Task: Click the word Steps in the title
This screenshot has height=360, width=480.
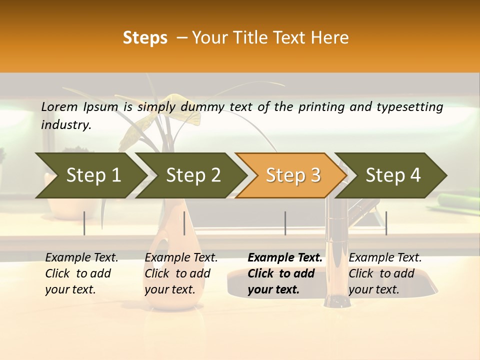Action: coord(145,37)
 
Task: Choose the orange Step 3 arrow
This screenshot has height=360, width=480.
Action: coord(293,175)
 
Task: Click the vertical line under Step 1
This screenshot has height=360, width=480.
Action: coord(84,223)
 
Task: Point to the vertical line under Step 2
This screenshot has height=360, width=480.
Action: coord(184,223)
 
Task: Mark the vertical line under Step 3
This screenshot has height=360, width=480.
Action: coord(285,223)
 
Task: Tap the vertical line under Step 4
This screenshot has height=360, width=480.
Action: coord(386,223)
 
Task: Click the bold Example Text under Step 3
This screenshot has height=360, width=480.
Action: coord(285,273)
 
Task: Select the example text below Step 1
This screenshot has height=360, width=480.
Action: coord(81,273)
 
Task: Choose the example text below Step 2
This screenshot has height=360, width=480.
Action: coord(181,273)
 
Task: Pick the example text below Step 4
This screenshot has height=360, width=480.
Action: coord(385,273)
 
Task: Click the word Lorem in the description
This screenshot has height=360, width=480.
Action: coord(59,106)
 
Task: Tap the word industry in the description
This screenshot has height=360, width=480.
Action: coord(66,124)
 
